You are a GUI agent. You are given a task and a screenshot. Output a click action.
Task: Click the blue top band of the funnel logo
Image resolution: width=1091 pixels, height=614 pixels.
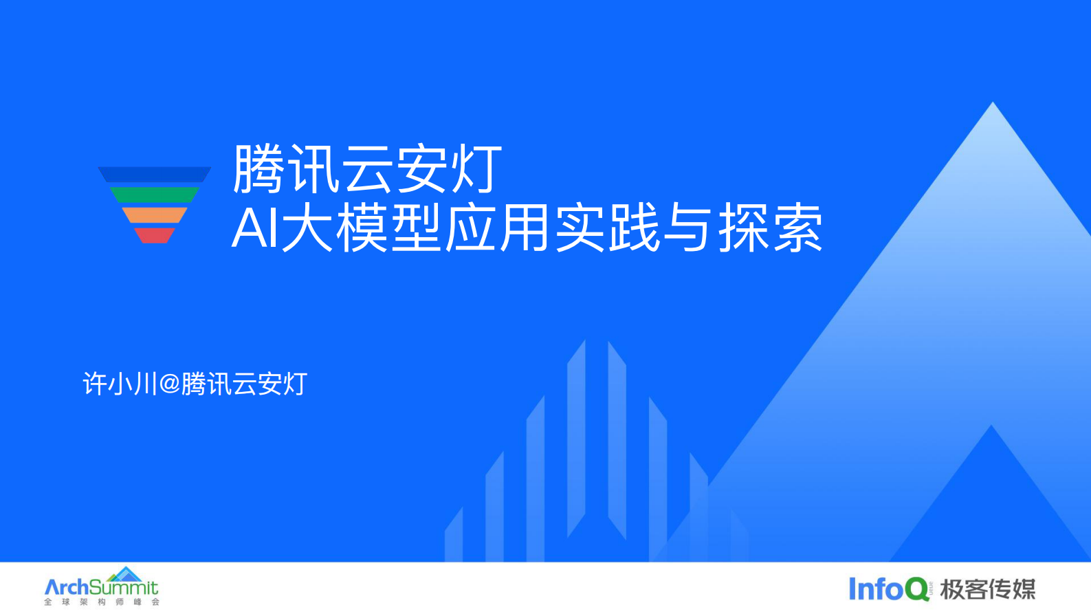pos(154,175)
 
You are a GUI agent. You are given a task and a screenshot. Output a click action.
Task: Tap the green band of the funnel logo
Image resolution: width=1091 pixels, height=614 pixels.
pos(154,195)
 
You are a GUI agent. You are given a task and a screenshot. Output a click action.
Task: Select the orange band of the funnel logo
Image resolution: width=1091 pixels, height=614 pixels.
pos(154,215)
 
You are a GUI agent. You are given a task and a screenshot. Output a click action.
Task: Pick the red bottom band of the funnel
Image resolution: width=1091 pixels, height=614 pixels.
pos(154,235)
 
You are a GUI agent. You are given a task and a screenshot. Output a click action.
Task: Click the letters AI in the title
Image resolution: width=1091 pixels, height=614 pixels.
pos(254,228)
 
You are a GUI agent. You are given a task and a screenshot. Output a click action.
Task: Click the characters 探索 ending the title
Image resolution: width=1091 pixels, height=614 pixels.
pos(770,228)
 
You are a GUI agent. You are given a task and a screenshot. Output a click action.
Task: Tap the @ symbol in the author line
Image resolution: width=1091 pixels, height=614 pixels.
pos(169,384)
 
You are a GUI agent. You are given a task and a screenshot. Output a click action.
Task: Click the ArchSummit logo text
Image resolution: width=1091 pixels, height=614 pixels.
pos(101,587)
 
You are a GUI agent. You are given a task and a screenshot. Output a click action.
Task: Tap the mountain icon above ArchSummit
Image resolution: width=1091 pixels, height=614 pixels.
pos(125,573)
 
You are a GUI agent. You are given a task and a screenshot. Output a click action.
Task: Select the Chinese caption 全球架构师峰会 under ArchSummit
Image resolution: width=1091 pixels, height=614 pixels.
pos(101,602)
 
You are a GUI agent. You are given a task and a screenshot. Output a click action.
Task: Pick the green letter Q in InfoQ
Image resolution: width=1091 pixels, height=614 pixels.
pos(916,589)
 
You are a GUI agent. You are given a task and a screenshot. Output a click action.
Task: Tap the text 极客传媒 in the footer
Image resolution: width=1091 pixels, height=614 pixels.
pos(987,589)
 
